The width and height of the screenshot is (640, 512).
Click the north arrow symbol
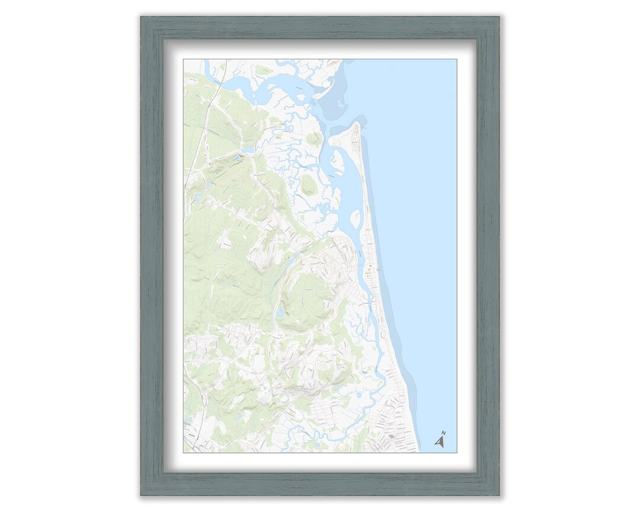[440, 441]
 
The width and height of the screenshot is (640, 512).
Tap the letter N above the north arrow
[444, 433]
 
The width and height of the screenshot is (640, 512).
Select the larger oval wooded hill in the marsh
[309, 185]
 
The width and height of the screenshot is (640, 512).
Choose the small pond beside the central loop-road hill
[280, 312]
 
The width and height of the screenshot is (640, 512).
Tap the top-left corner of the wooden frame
[142, 18]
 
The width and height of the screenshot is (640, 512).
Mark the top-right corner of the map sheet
[456, 59]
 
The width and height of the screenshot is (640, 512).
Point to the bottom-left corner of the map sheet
[184, 452]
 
